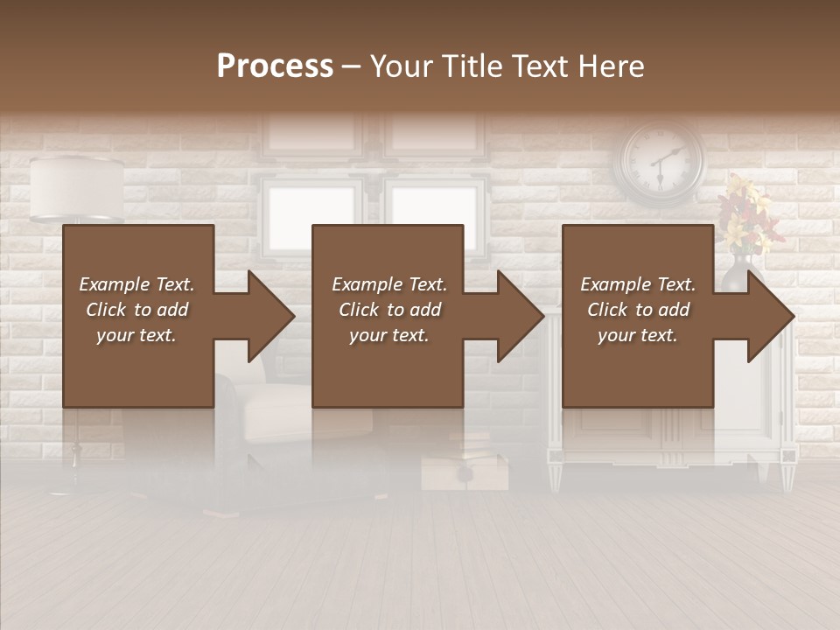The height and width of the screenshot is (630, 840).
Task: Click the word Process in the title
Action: (x=275, y=66)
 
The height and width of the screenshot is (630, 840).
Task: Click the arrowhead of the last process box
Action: (x=768, y=316)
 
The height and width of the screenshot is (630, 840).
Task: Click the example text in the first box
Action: (x=136, y=309)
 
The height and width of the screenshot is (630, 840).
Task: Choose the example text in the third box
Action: (x=638, y=309)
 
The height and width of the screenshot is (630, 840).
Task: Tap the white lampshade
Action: (x=77, y=188)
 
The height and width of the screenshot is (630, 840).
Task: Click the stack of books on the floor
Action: (x=464, y=464)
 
